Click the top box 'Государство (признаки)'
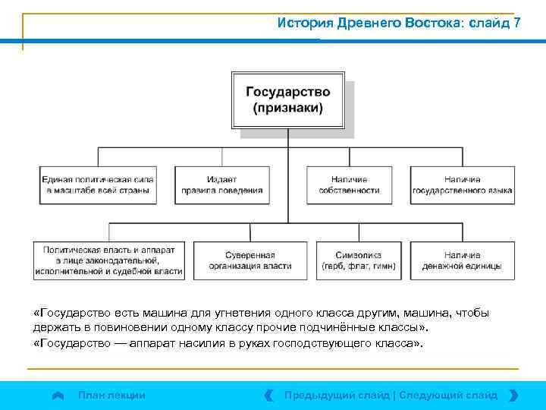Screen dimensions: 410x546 coord(287,99)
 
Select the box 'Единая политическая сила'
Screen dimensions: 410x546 coord(98,184)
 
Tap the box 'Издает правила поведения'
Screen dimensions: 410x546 coord(221,184)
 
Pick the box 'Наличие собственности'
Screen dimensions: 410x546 coord(354,184)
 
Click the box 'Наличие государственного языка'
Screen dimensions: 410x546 coord(462,184)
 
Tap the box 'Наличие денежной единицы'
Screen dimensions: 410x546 coord(462,260)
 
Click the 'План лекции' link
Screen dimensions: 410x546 coord(111,395)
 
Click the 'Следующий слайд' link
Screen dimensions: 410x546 coord(448,395)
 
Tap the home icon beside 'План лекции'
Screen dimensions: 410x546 coord(58,396)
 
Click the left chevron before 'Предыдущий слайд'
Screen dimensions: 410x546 coord(269,395)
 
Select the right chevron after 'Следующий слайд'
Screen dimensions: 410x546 coord(513,395)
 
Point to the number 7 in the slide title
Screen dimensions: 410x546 coord(516,23)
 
